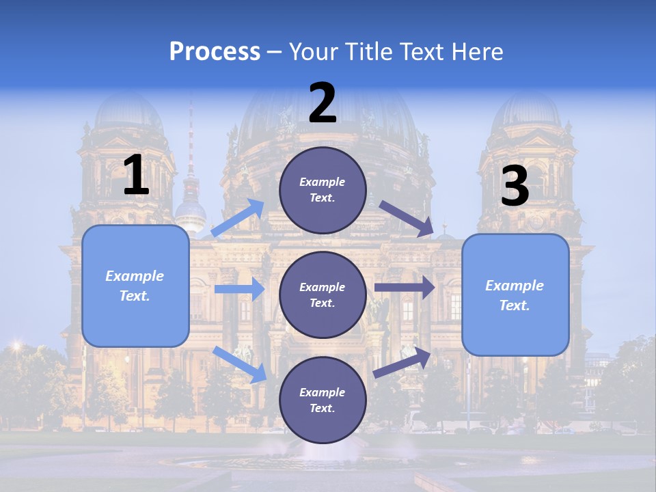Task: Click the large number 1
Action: coord(136,176)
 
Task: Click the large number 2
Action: coord(323,103)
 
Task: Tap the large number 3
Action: coord(515,187)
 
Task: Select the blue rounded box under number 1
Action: coord(135,286)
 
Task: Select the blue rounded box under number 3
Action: coord(515,295)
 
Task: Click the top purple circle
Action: coord(323,190)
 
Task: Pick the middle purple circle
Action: coord(323,295)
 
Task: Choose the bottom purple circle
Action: coord(323,400)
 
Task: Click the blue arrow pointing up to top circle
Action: coord(238,217)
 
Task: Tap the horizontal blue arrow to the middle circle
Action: coord(239,289)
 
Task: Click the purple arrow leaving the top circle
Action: coord(406,218)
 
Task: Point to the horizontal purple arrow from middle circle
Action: coord(404,288)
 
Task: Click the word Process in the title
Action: coord(215,52)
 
